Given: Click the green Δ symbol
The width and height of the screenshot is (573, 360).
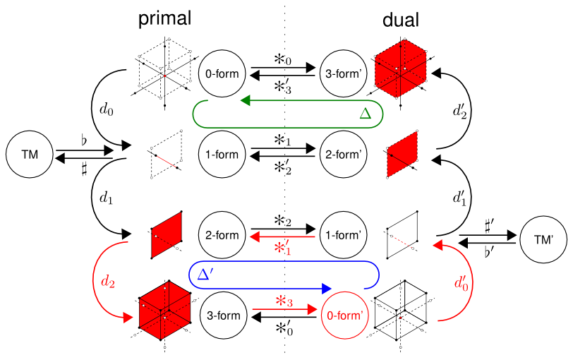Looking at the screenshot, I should pos(366,113).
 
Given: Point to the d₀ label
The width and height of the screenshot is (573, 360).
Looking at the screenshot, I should pos(104,110).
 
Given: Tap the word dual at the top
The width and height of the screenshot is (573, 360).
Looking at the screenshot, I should pos(401,20).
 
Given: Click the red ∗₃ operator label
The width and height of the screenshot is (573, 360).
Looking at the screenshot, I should pos(283,301).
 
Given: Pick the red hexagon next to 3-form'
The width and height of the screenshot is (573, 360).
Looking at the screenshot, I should pos(400,66).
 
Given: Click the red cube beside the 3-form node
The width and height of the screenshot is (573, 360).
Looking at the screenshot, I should pos(164,308).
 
